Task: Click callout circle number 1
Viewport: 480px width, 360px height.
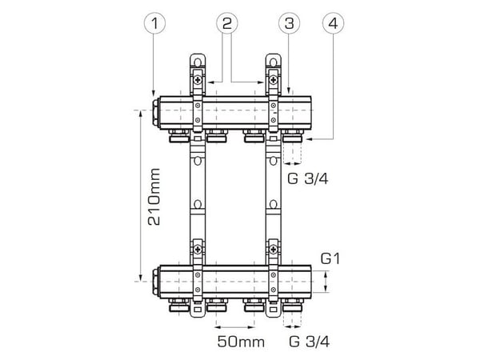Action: tap(155, 23)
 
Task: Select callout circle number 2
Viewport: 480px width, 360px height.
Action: tap(227, 23)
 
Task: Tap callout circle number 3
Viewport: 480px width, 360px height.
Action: tap(290, 23)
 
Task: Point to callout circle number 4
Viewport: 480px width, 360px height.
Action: tap(333, 23)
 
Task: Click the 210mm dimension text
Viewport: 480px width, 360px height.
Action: tap(154, 197)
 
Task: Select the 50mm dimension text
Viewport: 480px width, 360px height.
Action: tap(241, 342)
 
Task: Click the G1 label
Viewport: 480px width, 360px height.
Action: tap(330, 259)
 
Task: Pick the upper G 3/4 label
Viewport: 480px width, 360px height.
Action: tap(308, 178)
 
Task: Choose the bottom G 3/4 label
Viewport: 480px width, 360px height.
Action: tap(309, 342)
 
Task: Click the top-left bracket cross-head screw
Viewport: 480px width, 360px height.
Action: tap(198, 80)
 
